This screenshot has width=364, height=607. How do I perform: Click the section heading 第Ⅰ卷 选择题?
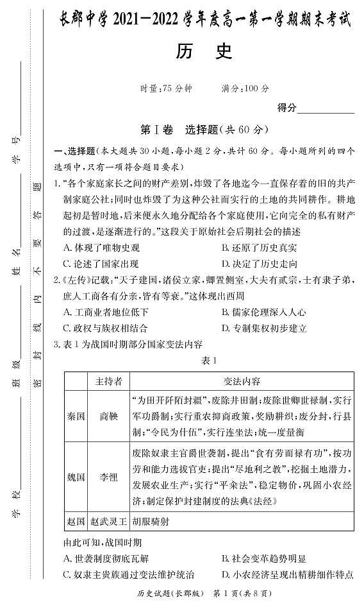coord(204,130)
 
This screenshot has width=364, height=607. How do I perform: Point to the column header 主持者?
coord(108,381)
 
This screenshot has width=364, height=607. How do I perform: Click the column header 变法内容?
coord(241,381)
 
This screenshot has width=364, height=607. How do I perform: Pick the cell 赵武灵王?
coord(108,521)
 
